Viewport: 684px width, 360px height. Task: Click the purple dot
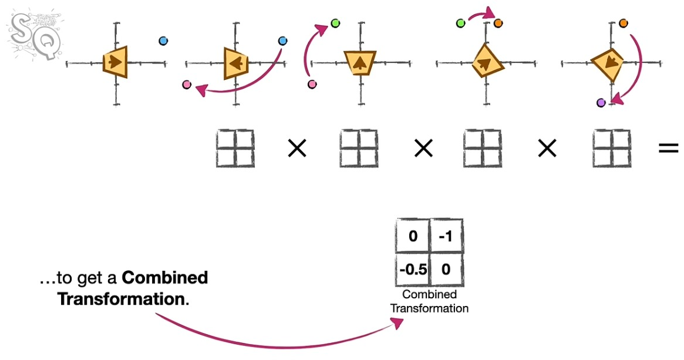(601, 103)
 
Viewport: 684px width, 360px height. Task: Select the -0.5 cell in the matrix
(413, 269)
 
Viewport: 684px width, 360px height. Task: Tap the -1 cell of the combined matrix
(446, 236)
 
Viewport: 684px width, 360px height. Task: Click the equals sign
(668, 148)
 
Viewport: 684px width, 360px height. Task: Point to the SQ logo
(35, 35)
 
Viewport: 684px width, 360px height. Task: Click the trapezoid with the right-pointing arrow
(115, 62)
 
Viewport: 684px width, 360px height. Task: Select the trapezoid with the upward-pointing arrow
(360, 63)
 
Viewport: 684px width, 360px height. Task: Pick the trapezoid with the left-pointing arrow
(236, 63)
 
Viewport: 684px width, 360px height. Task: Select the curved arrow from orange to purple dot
(638, 70)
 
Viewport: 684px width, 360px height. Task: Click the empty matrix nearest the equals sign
(612, 149)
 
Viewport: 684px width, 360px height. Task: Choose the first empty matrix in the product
(235, 149)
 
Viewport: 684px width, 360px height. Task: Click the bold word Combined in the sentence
(165, 278)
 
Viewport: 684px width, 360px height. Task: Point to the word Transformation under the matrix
(429, 308)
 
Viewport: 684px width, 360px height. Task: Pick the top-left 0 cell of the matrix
(413, 236)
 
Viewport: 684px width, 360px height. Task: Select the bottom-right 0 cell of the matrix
(446, 269)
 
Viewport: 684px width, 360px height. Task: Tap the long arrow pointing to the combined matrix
(279, 345)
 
